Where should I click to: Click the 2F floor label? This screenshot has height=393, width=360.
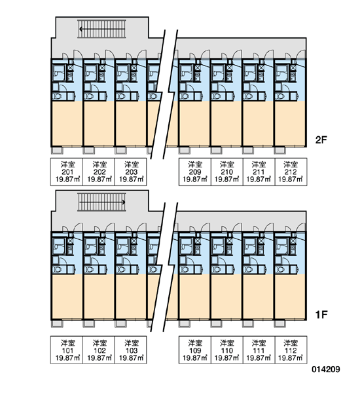[x=321, y=140]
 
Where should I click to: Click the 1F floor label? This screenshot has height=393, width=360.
[x=321, y=314]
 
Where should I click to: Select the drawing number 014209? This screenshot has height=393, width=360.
[x=326, y=369]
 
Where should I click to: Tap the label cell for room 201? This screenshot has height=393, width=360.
[x=67, y=172]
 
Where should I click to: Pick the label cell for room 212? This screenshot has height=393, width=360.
[x=291, y=172]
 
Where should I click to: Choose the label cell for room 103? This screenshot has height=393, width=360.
[x=130, y=350]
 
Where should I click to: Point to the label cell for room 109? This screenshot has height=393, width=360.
[x=195, y=350]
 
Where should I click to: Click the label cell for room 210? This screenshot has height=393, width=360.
[x=227, y=172]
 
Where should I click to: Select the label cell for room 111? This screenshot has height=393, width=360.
[x=259, y=350]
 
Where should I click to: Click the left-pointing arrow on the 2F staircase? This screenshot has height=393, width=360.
[x=102, y=29]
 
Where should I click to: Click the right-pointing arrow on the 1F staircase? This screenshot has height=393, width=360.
[x=102, y=202]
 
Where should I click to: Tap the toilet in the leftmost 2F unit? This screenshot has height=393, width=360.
[x=58, y=96]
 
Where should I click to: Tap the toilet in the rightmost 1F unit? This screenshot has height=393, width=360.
[x=280, y=269]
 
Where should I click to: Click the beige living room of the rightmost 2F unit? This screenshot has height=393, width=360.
[x=290, y=123]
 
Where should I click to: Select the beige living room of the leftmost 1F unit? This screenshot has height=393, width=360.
[x=67, y=297]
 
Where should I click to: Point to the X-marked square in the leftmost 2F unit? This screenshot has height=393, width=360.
[x=70, y=67]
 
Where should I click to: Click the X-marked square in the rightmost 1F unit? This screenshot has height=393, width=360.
[x=293, y=241]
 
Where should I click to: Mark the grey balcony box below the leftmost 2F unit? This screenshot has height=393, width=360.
[x=58, y=150]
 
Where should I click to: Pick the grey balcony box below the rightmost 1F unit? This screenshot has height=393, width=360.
[x=280, y=324]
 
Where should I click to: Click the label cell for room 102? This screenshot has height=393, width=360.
[x=99, y=350]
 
